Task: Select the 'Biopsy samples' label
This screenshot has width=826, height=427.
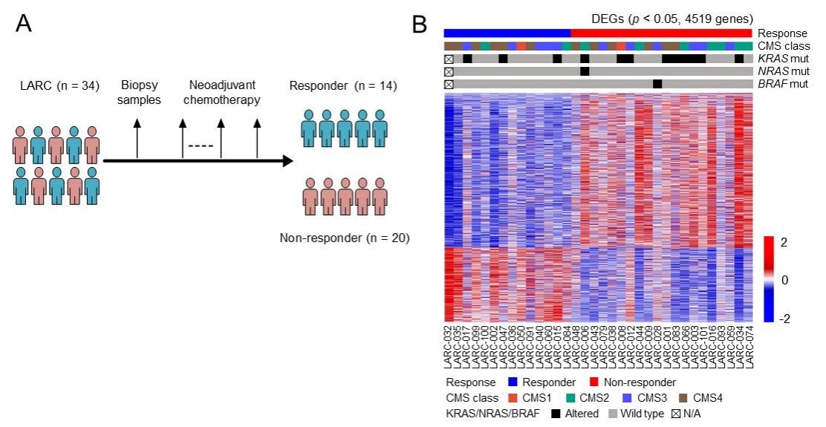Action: (137, 94)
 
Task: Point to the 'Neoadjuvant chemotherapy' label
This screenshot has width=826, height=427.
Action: (220, 94)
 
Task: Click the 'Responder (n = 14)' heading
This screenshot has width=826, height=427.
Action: (344, 87)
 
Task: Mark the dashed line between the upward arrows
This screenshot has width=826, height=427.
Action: (201, 146)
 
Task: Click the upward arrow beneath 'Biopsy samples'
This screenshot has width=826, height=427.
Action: (137, 138)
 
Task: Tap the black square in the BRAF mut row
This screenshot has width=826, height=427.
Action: (657, 83)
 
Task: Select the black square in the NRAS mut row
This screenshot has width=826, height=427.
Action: (585, 71)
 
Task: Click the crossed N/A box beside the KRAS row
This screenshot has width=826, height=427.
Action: (449, 59)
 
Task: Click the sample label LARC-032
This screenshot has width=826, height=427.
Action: (448, 345)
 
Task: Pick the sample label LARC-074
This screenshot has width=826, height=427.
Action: (749, 345)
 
